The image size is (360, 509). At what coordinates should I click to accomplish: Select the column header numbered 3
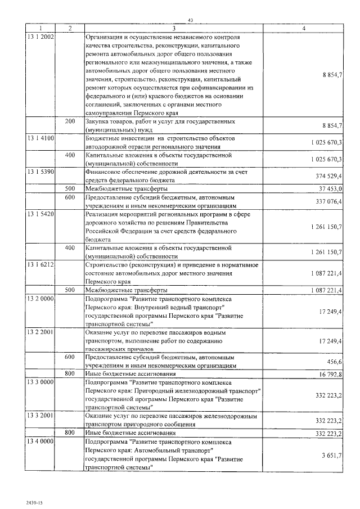[174, 28]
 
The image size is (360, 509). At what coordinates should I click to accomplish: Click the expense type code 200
[70, 121]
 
